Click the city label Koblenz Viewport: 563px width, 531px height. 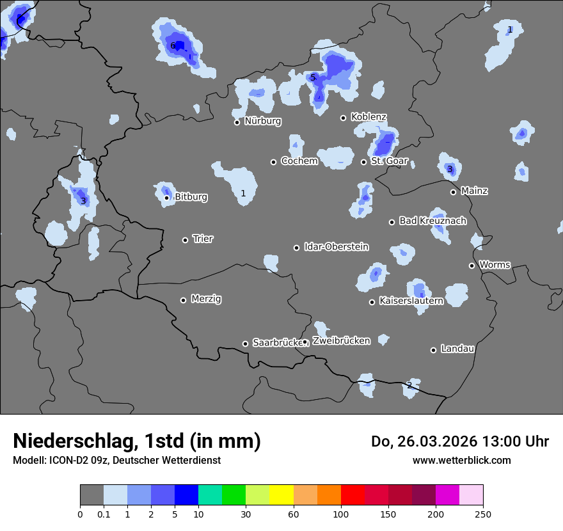[x=369, y=117]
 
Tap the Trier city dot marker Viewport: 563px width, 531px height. [x=186, y=240]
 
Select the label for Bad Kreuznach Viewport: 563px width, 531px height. [x=432, y=221]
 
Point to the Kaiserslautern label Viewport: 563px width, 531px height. [x=411, y=301]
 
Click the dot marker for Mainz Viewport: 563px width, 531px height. [x=453, y=192]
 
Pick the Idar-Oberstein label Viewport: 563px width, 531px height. [x=336, y=247]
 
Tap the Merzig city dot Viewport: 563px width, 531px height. [x=183, y=300]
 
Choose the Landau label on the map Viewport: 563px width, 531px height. [x=457, y=349]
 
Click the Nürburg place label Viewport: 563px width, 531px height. [x=262, y=121]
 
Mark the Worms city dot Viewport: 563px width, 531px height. [x=472, y=265]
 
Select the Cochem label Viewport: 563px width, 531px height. [x=299, y=161]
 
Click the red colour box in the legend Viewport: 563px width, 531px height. [x=353, y=495]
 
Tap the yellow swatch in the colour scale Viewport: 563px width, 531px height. [x=281, y=495]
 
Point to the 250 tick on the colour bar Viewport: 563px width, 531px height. [x=483, y=514]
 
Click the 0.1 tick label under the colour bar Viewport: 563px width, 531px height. [x=104, y=514]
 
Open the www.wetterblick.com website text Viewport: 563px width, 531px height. [x=462, y=460]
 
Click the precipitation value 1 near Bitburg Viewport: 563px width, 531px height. [x=243, y=193]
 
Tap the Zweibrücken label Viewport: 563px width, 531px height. [x=341, y=341]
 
